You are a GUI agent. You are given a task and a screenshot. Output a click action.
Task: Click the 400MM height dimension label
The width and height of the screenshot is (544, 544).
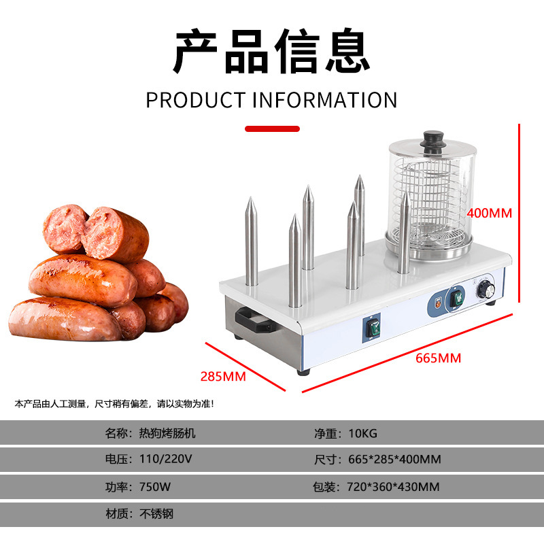coord(489,213)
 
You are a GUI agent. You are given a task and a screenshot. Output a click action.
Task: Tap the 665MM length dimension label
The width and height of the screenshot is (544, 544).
coord(438,358)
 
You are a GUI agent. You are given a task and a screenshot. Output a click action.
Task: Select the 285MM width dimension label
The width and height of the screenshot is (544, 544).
coord(223,375)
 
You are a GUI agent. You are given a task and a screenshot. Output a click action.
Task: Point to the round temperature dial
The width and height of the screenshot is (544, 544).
coord(487,290)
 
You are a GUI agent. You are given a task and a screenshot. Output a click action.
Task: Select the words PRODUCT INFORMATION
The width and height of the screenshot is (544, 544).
coord(271,100)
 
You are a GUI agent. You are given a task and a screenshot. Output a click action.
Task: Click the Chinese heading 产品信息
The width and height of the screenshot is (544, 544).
coord(271,52)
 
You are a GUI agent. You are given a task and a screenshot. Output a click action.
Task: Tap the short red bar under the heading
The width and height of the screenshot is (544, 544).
coord(272,128)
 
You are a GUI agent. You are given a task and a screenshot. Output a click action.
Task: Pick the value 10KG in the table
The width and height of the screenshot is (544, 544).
coord(363,433)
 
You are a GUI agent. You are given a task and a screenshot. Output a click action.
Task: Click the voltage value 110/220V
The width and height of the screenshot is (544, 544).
coord(165,459)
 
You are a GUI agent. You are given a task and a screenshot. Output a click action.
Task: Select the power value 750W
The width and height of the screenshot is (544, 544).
coord(154,487)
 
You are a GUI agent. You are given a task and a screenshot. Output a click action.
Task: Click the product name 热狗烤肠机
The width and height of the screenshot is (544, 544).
coord(167,433)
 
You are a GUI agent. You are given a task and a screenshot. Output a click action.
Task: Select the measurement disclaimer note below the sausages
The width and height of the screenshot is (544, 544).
coord(114,404)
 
